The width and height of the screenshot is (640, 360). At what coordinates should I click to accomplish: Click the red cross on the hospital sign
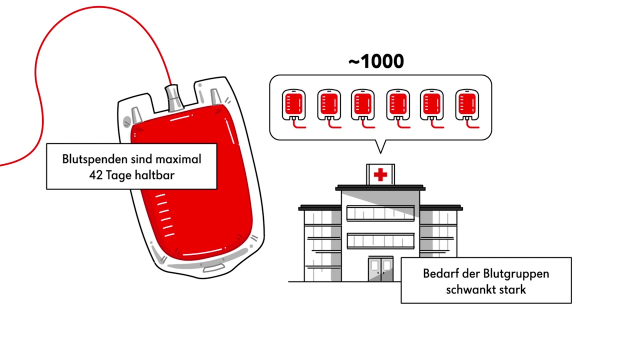(x=380, y=174)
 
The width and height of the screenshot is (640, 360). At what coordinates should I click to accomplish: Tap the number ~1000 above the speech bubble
(x=376, y=61)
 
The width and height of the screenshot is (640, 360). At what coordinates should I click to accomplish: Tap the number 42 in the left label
(x=95, y=175)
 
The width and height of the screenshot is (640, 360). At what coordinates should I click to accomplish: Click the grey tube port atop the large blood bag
(x=174, y=97)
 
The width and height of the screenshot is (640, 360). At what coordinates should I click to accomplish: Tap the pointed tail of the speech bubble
(x=381, y=146)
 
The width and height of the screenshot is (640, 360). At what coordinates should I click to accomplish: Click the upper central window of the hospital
(x=380, y=213)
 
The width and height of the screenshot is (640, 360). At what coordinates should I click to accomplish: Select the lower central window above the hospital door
(x=380, y=241)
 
